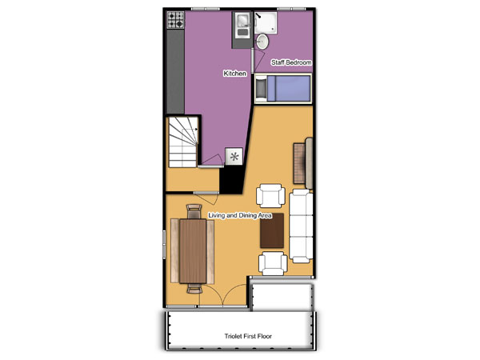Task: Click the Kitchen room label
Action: tap(234, 74)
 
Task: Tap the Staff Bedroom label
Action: tap(291, 62)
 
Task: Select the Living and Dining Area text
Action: tap(240, 215)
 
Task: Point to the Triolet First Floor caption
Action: tap(248, 336)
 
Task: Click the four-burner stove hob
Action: tap(176, 20)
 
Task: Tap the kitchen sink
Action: tap(243, 26)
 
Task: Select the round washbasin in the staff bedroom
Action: tap(262, 42)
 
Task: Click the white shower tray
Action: tap(266, 22)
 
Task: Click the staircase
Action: tap(183, 142)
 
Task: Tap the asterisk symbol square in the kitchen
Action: tap(234, 157)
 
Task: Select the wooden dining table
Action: tap(193, 251)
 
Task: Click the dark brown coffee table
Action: tap(272, 230)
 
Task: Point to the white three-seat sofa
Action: tap(301, 226)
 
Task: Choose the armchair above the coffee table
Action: tap(270, 196)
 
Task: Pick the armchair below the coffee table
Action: tap(273, 263)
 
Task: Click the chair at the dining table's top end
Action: tap(194, 211)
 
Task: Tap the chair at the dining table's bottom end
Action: tap(194, 289)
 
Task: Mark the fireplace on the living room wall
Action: tap(302, 163)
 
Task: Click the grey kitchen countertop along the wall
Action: tap(176, 71)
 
